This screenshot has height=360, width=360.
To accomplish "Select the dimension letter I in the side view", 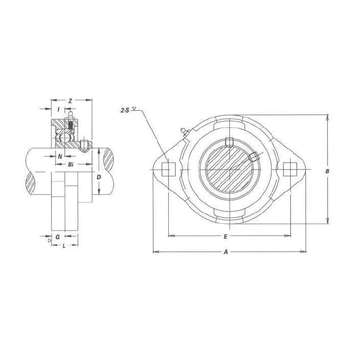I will pyautogui.click(x=59, y=110).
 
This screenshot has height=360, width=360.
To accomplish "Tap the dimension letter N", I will pyautogui.click(x=60, y=156).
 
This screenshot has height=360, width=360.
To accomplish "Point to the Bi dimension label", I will pyautogui.click(x=70, y=165).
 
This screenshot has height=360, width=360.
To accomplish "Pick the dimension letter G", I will pyautogui.click(x=57, y=237).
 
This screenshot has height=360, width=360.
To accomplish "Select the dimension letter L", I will pyautogui.click(x=64, y=246).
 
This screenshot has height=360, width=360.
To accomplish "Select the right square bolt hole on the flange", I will pyautogui.click(x=291, y=168).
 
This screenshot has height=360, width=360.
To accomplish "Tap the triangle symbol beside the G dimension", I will pyautogui.click(x=49, y=240).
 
